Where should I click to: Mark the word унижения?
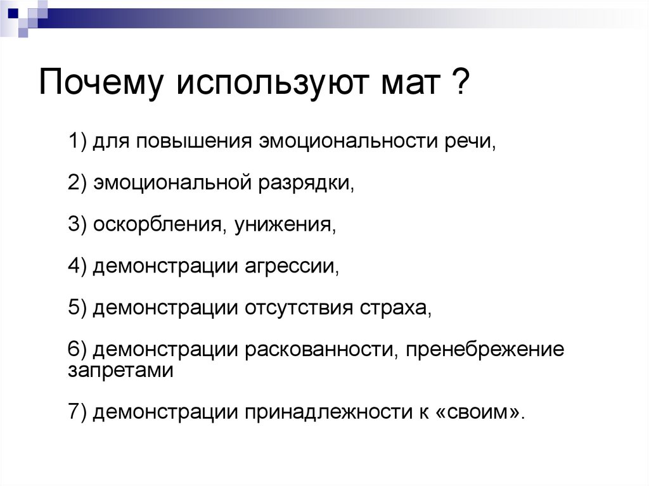[x=281, y=224]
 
